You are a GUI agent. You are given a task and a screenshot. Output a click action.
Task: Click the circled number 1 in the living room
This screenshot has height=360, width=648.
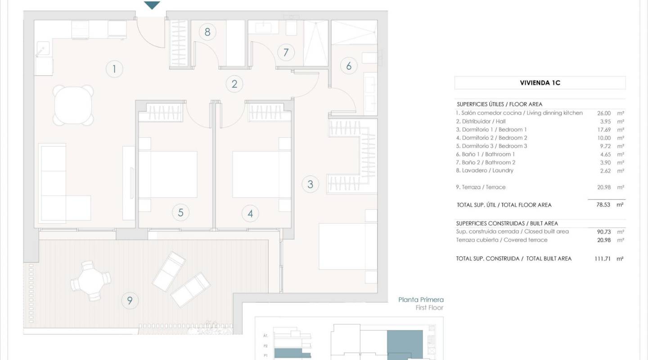coord(114,69)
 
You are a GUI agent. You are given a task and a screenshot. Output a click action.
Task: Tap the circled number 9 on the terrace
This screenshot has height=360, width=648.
coord(130,300)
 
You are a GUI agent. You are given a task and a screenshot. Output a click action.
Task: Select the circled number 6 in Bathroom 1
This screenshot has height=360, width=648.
coord(349,66)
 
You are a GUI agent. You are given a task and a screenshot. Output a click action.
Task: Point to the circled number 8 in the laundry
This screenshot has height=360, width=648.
coord(207,32)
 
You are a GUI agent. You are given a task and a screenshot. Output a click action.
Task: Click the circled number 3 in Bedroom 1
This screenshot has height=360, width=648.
coord(310,184)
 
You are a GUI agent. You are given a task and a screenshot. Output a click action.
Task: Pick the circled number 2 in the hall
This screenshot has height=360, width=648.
coord(234,84)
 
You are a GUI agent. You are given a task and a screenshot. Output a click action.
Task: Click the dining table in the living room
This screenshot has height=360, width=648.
coord(73,105)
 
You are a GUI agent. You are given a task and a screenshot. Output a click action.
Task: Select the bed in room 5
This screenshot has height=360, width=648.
coord(167,175)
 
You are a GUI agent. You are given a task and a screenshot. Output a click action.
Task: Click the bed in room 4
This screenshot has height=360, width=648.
coord(255,175)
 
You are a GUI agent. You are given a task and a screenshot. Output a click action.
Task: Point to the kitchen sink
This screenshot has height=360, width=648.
coord(43,49)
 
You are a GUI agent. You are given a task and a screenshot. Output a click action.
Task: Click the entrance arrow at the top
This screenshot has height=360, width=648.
coord(153,5)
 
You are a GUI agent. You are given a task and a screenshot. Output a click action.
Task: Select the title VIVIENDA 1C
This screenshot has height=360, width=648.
coord(540,83)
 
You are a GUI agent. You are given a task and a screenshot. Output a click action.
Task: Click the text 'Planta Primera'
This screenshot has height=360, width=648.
coord(421,300)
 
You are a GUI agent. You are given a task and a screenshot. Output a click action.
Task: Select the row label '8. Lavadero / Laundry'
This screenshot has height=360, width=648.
coord(485,171)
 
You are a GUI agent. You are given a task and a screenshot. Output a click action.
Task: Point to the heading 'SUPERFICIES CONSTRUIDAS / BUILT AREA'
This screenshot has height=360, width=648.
coord(507,223)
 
